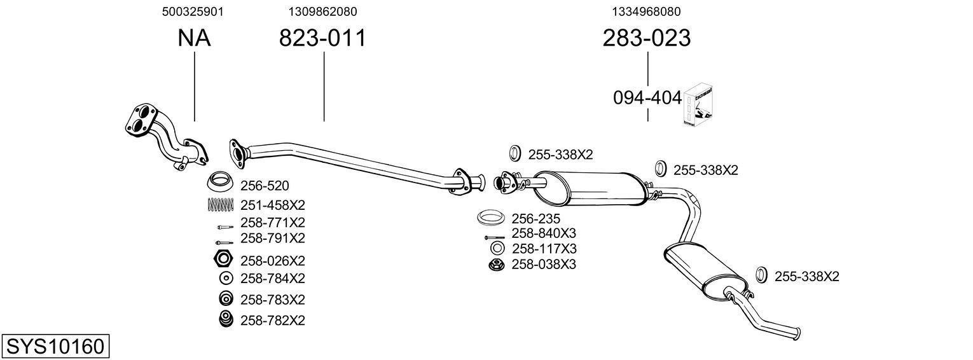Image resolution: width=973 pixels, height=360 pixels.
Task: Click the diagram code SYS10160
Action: pyautogui.click(x=55, y=347)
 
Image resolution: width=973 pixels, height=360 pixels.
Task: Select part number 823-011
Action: pyautogui.click(x=323, y=38)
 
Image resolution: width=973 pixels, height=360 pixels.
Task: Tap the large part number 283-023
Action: pyautogui.click(x=647, y=38)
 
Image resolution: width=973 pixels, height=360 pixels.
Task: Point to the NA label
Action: pyautogui.click(x=194, y=38)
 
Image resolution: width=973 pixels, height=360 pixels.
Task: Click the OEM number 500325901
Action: pyautogui.click(x=193, y=11)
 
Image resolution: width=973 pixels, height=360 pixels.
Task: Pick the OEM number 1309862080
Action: pyautogui.click(x=322, y=11)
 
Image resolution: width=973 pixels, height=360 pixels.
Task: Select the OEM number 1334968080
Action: pyautogui.click(x=647, y=11)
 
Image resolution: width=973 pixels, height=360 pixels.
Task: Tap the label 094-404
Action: pyautogui.click(x=647, y=98)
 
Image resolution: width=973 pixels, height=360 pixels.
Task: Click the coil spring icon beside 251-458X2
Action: pyautogui.click(x=221, y=205)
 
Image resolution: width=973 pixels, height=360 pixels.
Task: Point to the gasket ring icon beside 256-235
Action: pyautogui.click(x=490, y=218)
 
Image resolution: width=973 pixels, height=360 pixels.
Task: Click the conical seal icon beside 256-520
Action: pyautogui.click(x=221, y=183)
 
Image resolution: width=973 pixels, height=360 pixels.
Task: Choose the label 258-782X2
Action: pyautogui.click(x=273, y=321)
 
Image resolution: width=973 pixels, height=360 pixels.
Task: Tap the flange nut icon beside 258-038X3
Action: pyautogui.click(x=497, y=264)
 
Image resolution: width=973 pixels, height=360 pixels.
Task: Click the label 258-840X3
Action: pyautogui.click(x=544, y=233)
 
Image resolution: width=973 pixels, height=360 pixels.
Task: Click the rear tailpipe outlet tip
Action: pyautogui.click(x=795, y=333)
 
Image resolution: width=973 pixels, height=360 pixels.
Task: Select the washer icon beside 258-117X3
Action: pyautogui.click(x=497, y=248)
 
